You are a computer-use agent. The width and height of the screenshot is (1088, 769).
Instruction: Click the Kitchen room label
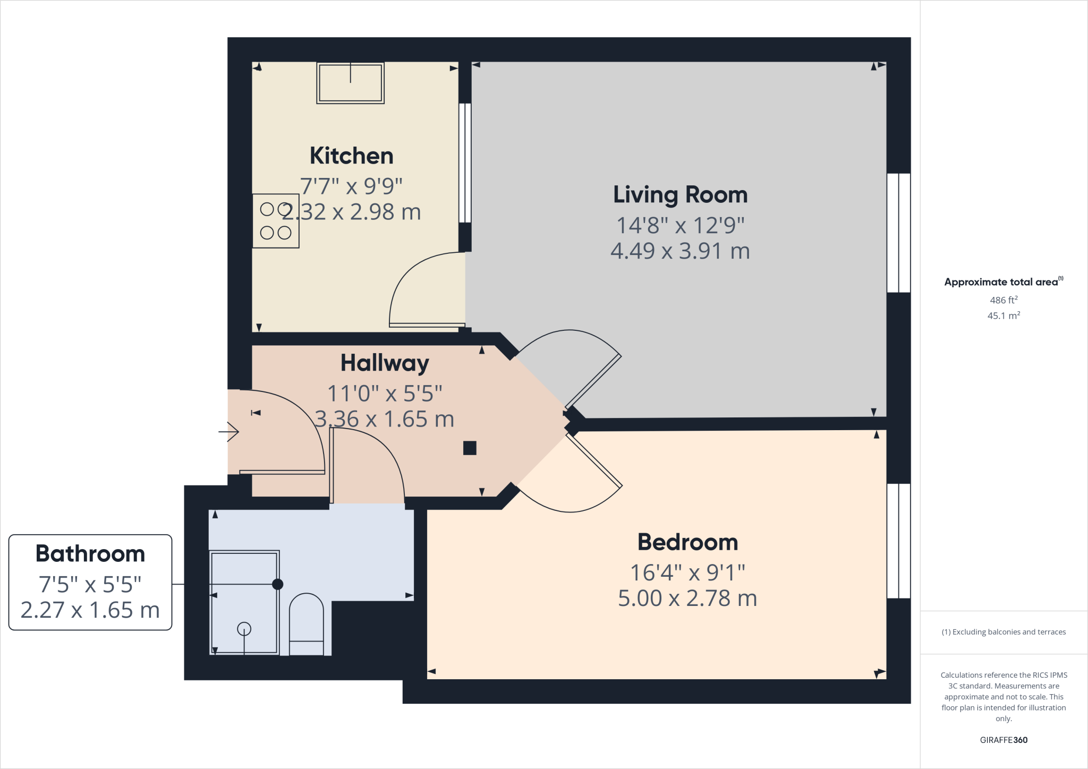(351, 156)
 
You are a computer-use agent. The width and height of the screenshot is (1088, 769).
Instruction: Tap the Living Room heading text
(680, 195)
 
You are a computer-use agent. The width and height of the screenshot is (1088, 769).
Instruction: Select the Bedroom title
(687, 542)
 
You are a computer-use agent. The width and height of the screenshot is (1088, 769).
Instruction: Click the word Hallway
(385, 363)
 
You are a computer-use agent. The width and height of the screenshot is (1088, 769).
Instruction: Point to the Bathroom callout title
(90, 554)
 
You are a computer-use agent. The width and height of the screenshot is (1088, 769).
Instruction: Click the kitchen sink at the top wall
(350, 82)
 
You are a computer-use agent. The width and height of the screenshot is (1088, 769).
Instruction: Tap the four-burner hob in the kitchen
(275, 221)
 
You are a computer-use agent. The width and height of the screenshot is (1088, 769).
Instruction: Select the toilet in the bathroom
(306, 624)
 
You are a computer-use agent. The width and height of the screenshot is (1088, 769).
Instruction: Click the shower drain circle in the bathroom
(244, 629)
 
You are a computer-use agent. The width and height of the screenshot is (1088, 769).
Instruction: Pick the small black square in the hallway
(470, 448)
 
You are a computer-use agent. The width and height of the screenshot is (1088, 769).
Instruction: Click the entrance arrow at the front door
(229, 432)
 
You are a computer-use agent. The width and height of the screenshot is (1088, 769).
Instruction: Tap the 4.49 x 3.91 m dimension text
(680, 251)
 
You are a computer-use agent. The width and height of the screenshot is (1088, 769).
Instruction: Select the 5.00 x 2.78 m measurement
(687, 599)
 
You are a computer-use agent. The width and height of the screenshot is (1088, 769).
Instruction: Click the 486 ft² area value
(1004, 300)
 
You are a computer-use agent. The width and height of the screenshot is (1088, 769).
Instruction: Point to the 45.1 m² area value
(1004, 315)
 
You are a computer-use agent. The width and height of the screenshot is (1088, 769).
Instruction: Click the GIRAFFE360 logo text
(1004, 740)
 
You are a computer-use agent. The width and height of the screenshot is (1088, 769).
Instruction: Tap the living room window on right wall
(898, 233)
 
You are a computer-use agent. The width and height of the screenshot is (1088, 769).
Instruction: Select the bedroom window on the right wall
(898, 541)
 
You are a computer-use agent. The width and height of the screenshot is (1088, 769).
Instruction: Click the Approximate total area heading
(1002, 282)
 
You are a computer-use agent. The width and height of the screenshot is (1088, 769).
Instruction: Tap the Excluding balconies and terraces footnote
(1004, 632)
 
